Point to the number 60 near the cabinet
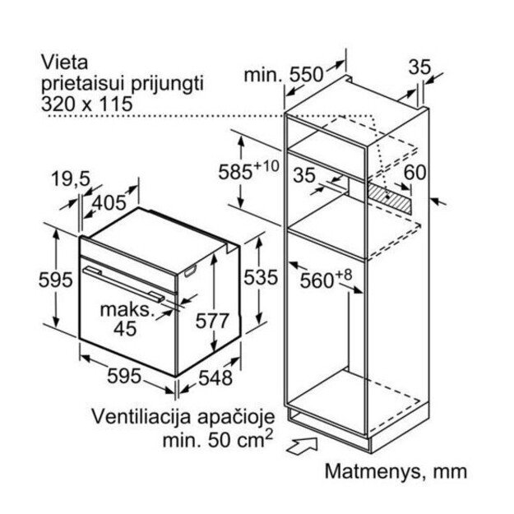click(x=416, y=172)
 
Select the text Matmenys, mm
click(x=395, y=471)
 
